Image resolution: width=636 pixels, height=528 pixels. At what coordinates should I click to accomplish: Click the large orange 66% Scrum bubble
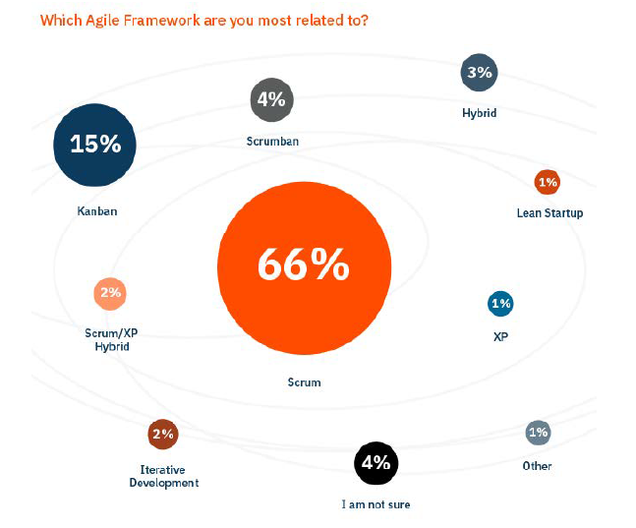303,264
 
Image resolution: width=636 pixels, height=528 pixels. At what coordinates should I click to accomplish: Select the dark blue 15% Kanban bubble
95,145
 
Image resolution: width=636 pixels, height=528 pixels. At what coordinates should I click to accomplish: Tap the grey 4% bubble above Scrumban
271,99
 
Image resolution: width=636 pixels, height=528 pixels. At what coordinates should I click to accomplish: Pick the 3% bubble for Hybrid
479,72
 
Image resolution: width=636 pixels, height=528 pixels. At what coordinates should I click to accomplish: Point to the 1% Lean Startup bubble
548,182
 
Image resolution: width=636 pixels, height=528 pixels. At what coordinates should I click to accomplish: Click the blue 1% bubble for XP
500,304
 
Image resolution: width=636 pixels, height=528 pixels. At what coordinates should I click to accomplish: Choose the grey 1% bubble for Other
538,433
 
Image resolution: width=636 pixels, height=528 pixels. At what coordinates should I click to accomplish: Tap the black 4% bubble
376,464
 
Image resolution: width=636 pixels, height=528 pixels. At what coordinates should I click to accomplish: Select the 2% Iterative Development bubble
162,434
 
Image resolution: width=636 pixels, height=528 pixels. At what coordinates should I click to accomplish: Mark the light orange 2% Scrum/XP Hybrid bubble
109,293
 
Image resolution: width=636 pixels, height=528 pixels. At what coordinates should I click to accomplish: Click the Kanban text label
97,210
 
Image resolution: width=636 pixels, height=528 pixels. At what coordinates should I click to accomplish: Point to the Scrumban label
272,142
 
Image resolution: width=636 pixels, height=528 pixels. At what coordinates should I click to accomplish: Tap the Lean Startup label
549,212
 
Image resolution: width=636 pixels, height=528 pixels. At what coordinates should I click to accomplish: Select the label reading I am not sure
376,505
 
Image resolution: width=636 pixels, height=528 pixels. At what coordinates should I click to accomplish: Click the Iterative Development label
163,476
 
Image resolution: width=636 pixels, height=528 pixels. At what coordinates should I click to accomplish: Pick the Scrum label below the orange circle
305,382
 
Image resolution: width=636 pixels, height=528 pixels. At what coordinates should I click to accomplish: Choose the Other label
538,466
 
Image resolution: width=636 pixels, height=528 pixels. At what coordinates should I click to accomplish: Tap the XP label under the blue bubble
500,336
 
